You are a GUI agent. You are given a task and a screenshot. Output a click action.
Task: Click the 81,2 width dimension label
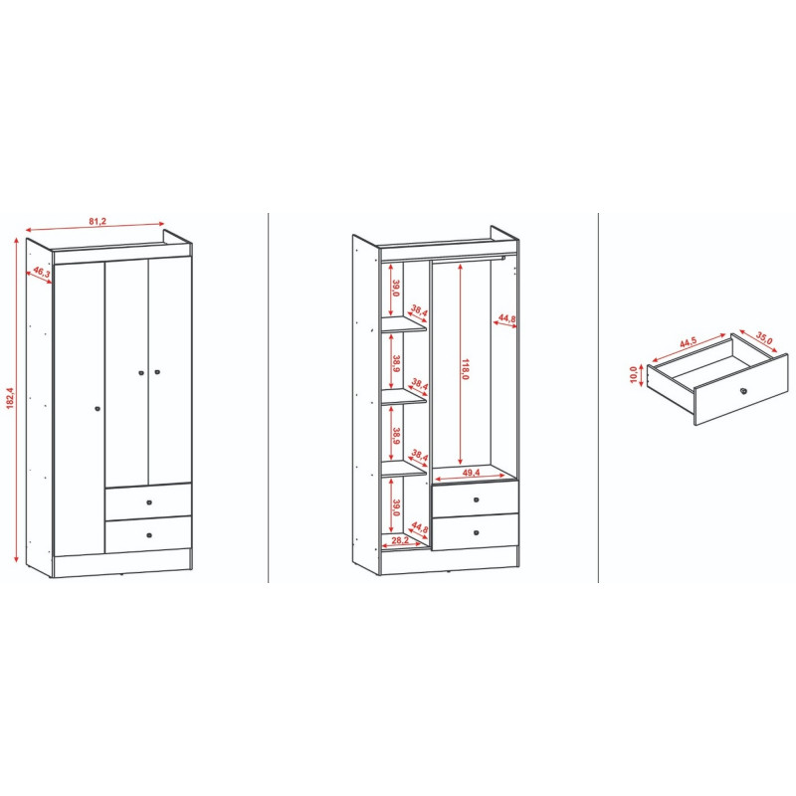point(98,221)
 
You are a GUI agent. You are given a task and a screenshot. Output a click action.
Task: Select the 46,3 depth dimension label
point(42,272)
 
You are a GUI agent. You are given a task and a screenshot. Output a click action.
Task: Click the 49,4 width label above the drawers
point(471,473)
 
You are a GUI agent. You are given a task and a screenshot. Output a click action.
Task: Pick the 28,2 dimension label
point(400,540)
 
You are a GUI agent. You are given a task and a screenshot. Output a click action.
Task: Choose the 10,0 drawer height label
point(633,375)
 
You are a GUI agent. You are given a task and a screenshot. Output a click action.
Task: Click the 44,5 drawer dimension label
point(689,342)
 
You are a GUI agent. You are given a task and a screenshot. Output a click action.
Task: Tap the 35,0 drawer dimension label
point(764,338)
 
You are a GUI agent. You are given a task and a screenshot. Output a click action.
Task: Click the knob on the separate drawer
point(743,390)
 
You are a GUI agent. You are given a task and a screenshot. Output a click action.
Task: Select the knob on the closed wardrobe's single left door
point(98,409)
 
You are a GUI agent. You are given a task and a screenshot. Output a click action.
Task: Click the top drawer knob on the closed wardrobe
point(149,502)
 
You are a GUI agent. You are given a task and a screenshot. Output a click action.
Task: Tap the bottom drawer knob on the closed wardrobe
point(149,535)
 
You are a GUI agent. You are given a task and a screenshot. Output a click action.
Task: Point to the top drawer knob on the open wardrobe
point(477,500)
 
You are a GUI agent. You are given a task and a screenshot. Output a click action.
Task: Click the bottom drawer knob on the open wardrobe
point(477,532)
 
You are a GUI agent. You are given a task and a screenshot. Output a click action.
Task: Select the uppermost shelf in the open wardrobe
point(404,325)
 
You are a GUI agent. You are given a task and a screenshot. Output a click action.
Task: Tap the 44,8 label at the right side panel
point(506,318)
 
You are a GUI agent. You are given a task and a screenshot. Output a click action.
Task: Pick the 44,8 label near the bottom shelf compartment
point(420,527)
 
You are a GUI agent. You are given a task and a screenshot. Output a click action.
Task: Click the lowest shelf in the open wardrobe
point(404,469)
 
